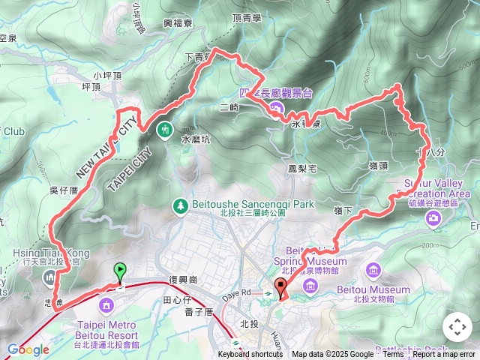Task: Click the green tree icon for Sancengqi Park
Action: pyautogui.click(x=180, y=205)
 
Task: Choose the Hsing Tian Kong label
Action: pyautogui.click(x=51, y=254)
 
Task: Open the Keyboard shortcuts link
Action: pyautogui.click(x=250, y=355)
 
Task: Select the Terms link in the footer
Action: pyautogui.click(x=393, y=355)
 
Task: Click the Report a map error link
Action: pyautogui.click(x=444, y=355)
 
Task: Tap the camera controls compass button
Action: pyautogui.click(x=457, y=327)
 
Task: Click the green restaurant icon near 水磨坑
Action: pyautogui.click(x=165, y=130)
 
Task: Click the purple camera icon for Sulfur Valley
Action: pyautogui.click(x=433, y=218)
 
